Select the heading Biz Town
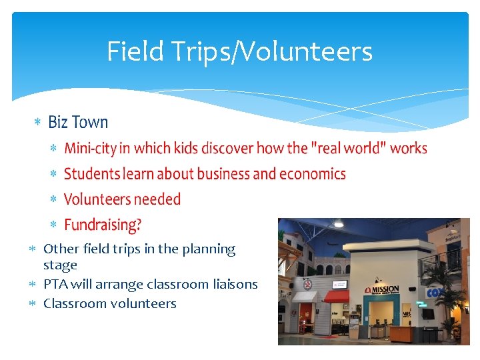pos(78,122)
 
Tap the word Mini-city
pos(89,148)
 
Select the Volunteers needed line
pos(122,199)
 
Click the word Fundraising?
pos(103,225)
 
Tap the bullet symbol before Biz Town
pos(38,123)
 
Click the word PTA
pos(55,284)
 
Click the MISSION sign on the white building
pos(384,291)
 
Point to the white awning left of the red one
pos(305,296)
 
